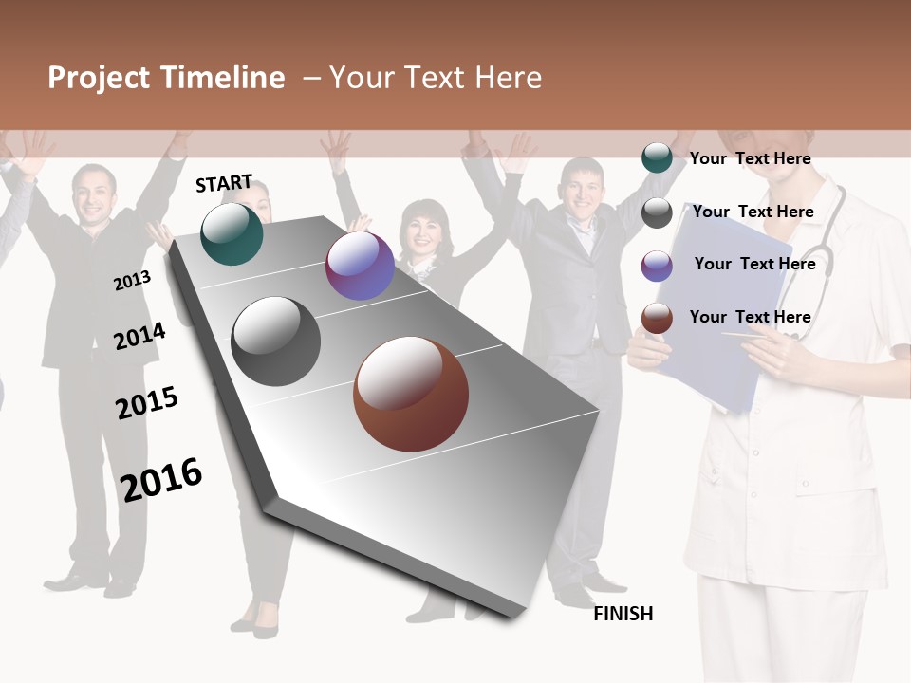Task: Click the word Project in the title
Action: click(x=99, y=78)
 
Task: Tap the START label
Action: click(x=224, y=183)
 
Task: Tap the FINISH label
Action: click(x=623, y=614)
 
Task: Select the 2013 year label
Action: click(x=132, y=281)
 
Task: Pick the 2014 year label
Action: click(x=139, y=336)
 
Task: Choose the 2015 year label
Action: click(x=147, y=402)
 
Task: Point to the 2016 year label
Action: click(x=161, y=479)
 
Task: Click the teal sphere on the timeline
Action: click(x=232, y=233)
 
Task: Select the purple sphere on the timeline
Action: click(x=360, y=266)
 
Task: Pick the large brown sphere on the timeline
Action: click(x=411, y=394)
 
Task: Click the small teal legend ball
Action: click(x=657, y=158)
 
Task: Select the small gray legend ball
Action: click(x=657, y=212)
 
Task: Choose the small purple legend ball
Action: click(x=657, y=266)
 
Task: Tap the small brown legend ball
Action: click(x=657, y=318)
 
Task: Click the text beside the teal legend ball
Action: click(x=750, y=158)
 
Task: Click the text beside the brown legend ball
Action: click(x=750, y=317)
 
